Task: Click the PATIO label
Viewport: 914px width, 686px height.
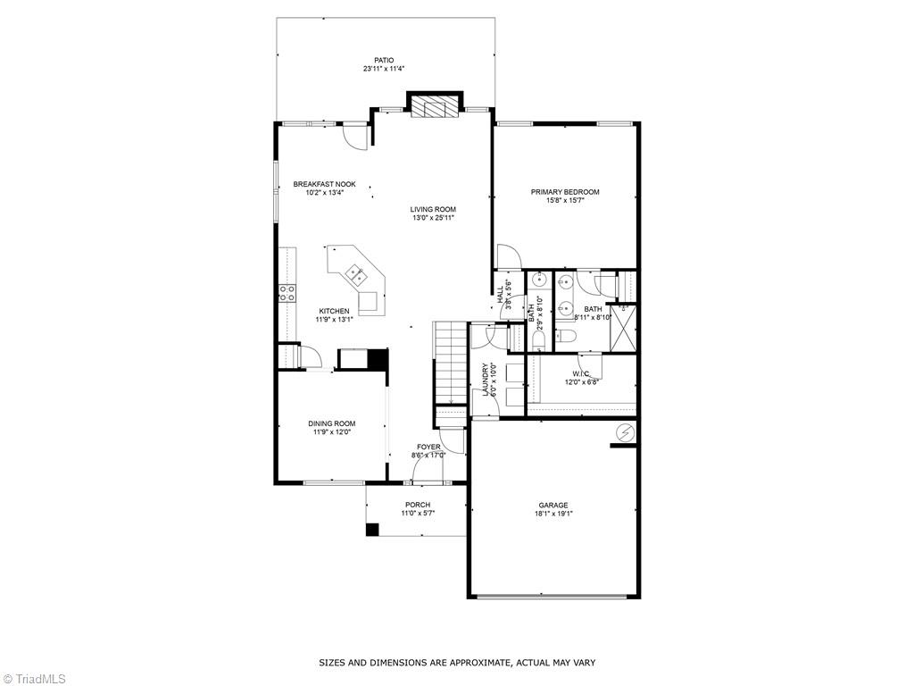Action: (x=384, y=60)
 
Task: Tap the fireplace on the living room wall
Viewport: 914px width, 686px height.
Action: (x=434, y=107)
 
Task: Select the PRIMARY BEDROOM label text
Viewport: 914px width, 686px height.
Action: (x=565, y=191)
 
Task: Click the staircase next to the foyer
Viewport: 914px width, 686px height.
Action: (x=451, y=362)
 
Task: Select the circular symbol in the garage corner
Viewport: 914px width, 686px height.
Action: (x=625, y=433)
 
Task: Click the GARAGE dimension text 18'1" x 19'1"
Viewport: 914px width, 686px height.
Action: (x=553, y=514)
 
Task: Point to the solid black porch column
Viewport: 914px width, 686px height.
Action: (x=372, y=529)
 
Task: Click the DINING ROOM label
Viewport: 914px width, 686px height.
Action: (x=332, y=423)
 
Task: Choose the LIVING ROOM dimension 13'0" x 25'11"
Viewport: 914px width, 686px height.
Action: (x=434, y=217)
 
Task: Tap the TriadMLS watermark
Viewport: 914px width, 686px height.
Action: (x=40, y=678)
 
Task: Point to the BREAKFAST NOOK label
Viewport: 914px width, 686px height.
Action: (x=324, y=184)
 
